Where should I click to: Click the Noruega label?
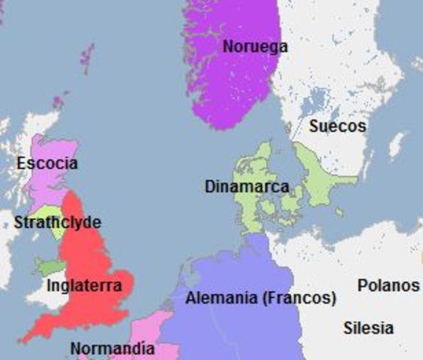coord(255,46)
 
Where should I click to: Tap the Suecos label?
coord(337,126)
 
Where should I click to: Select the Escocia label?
coord(47,163)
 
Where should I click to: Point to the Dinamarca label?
coord(247,186)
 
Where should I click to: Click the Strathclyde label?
coord(57,223)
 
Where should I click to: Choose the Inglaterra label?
coord(84,286)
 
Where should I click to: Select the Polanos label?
coord(388,286)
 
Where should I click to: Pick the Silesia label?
coord(368,328)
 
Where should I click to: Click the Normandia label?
coord(112,349)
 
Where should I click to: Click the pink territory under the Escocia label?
coord(45,187)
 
